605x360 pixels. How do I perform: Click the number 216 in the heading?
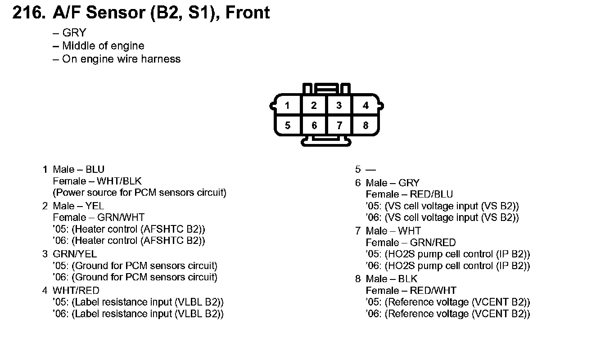coord(28,13)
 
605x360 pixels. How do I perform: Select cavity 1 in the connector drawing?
coord(287,106)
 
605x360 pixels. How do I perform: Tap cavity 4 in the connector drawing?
coord(366,106)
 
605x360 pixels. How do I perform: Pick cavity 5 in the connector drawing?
coord(287,126)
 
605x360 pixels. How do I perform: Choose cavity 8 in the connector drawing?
coord(366,126)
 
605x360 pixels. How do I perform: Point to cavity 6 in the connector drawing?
coord(314,126)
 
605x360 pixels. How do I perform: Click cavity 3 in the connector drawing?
coord(339,106)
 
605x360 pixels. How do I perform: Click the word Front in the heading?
coord(247,13)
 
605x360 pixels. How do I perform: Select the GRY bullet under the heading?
coord(74,33)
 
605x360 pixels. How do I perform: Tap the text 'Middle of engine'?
coord(103,46)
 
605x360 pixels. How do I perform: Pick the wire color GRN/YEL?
coord(75,254)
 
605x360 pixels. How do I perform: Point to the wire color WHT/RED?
coord(76,290)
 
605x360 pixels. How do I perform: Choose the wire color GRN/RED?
coord(433,243)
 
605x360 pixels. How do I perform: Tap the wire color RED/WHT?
coord(433,291)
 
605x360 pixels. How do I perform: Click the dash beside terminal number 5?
coord(370,170)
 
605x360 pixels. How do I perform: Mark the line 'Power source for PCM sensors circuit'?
coord(140,193)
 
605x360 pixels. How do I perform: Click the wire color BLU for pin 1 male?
coord(95,170)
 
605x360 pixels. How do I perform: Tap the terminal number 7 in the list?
coord(358,231)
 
